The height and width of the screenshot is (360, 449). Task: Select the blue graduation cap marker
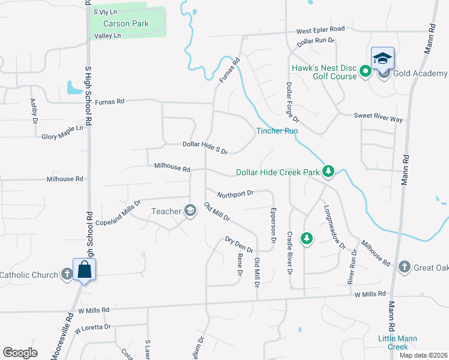click(x=382, y=59)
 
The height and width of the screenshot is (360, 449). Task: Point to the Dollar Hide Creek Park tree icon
click(x=328, y=172)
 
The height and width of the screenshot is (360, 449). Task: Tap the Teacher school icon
click(x=190, y=211)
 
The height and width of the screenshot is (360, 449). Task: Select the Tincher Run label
click(x=277, y=131)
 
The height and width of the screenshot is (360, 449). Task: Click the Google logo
click(x=20, y=353)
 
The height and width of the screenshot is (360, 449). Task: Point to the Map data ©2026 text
click(x=424, y=355)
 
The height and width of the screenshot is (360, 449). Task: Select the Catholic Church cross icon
click(x=67, y=275)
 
